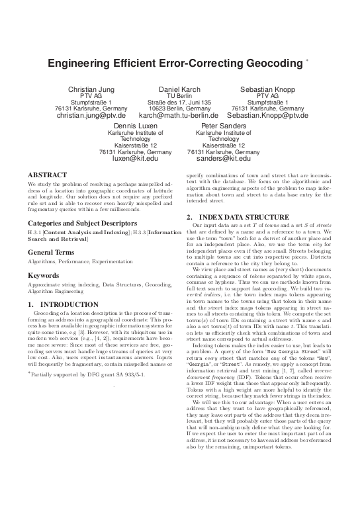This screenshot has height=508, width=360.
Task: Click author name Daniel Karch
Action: (x=179, y=88)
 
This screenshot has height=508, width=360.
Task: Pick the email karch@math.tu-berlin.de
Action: (x=179, y=116)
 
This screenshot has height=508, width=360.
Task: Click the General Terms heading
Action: (x=54, y=253)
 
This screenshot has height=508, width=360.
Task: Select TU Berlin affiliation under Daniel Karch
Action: (x=179, y=95)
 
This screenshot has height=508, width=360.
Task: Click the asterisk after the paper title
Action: (x=306, y=60)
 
